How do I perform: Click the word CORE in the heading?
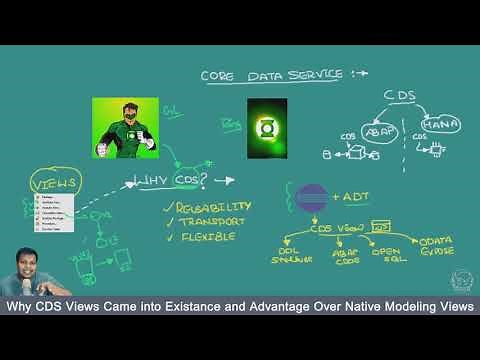(x=218, y=75)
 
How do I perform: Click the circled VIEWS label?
(x=56, y=185)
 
